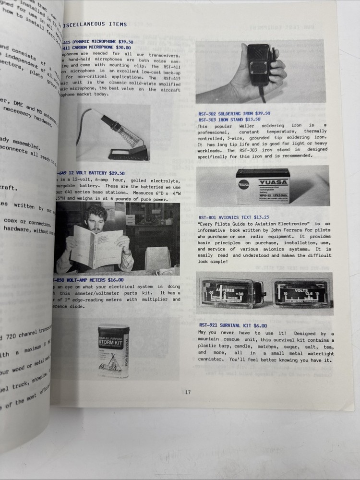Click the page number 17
tap(188, 392)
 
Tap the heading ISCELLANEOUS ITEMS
tap(96, 24)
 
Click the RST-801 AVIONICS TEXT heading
tap(234, 217)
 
